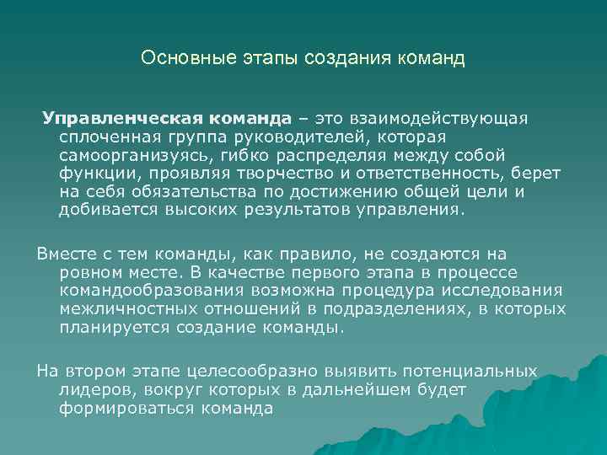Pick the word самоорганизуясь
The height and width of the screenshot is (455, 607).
[x=135, y=155]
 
